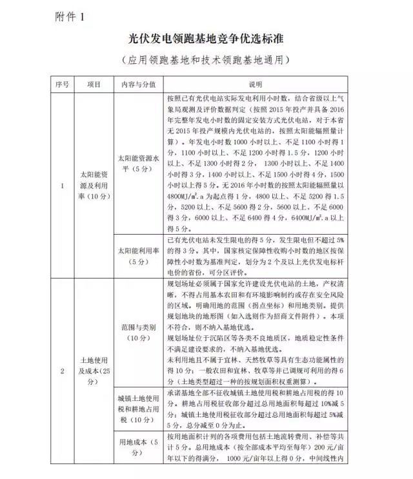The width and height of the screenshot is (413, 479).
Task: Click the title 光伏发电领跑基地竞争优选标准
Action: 206,39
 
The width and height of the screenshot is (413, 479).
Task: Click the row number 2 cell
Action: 63,371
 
